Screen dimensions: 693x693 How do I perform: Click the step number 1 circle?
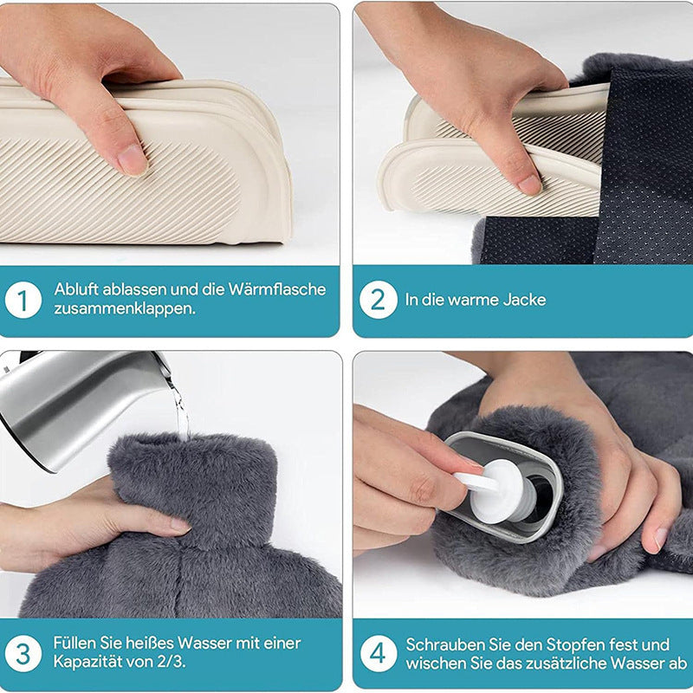click(23, 301)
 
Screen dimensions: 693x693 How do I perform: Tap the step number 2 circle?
click(378, 301)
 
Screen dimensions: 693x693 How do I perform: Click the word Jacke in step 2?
click(526, 300)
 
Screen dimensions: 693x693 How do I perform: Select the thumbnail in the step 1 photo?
click(132, 159)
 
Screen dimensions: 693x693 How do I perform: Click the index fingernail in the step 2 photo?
click(528, 185)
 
